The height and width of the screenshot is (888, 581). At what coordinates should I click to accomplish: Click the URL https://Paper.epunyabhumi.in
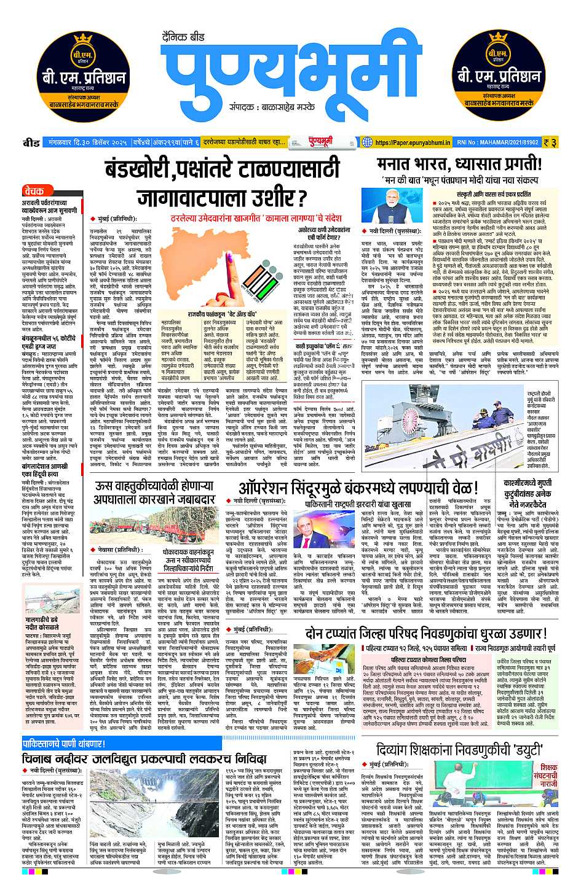[413, 142]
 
